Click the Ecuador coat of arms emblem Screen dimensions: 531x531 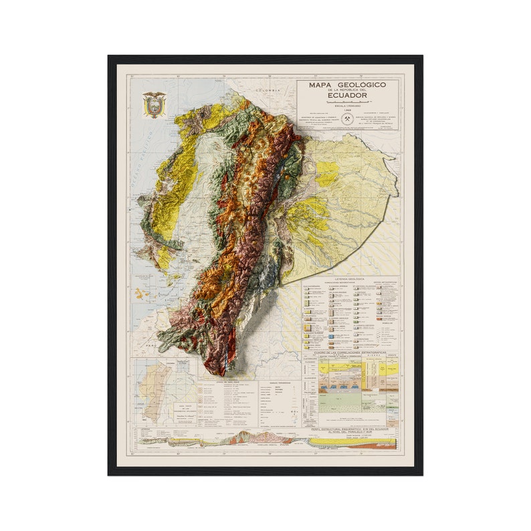(154, 105)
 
